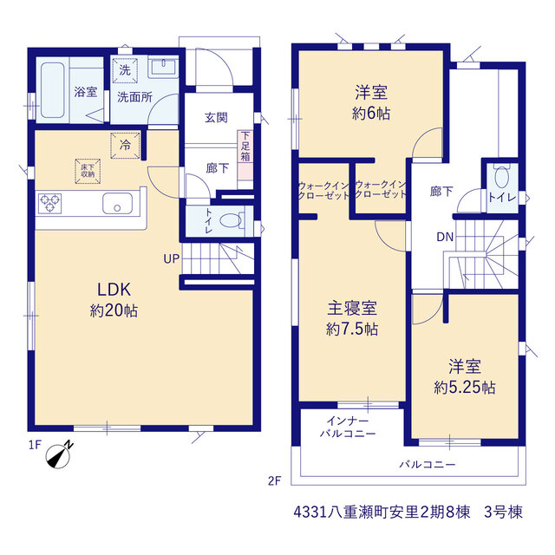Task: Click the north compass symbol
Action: [x=59, y=455]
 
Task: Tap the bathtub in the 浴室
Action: [x=53, y=90]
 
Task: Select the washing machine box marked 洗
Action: [x=125, y=70]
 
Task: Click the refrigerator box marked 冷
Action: [x=125, y=145]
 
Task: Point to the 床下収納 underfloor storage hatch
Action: [x=88, y=172]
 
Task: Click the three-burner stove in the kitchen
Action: [x=49, y=204]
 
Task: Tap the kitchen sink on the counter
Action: [x=118, y=204]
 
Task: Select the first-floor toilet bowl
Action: [x=232, y=221]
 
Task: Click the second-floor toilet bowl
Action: [x=501, y=176]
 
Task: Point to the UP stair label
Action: [x=172, y=259]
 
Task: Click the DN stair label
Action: [x=445, y=237]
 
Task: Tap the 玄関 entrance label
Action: [x=216, y=118]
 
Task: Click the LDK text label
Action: [x=114, y=290]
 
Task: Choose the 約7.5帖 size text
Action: [x=352, y=330]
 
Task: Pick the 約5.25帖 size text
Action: [x=465, y=388]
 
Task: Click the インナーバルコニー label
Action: [x=348, y=428]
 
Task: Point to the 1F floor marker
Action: [x=35, y=445]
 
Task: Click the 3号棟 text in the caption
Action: [x=503, y=513]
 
